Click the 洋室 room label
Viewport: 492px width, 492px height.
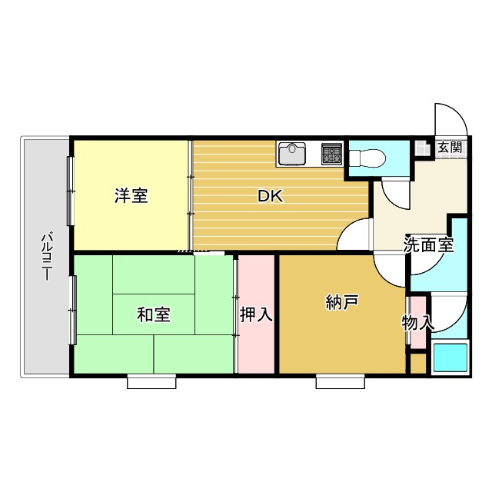tap(131, 195)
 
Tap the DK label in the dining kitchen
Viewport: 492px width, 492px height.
tap(270, 196)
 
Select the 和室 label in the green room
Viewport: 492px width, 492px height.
tap(154, 314)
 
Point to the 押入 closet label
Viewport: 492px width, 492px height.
tap(256, 314)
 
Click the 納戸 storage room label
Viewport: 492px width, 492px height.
tap(341, 303)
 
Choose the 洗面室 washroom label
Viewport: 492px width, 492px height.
tap(428, 246)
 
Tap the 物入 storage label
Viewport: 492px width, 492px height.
tap(417, 323)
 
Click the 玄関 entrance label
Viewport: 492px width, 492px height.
tap(450, 147)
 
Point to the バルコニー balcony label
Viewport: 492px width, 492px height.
tap(46, 255)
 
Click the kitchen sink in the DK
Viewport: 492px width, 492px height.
tap(293, 155)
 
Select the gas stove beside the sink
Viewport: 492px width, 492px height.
tap(332, 154)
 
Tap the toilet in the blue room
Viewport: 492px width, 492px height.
tap(367, 158)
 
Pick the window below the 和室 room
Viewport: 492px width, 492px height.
tap(151, 381)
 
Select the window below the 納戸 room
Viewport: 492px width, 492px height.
tap(340, 381)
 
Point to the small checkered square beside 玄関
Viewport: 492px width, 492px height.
tap(422, 148)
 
